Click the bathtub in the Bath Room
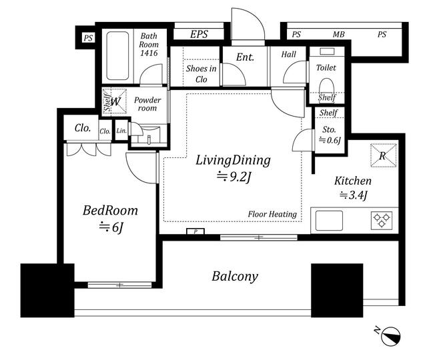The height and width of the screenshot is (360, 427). tap(117, 56)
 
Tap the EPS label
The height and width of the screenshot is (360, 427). tap(199, 34)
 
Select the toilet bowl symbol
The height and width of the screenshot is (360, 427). tap(326, 86)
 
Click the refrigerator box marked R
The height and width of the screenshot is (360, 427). tap(383, 155)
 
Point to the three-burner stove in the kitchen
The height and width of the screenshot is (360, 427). tap(382, 220)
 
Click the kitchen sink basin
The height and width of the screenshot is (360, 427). tap(329, 221)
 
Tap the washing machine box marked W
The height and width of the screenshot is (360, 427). tap(115, 101)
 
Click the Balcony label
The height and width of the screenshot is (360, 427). tap(235, 277)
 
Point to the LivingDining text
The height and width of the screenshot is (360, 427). tap(233, 160)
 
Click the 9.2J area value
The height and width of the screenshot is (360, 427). tap(234, 177)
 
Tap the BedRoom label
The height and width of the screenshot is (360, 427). tap(110, 211)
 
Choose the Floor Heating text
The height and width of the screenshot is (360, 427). tap(272, 214)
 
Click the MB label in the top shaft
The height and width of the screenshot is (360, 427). tap(338, 35)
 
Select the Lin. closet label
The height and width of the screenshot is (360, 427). tap(121, 131)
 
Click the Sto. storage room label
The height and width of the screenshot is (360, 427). tap(329, 129)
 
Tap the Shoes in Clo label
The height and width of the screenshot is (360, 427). tap(201, 74)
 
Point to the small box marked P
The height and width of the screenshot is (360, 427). tap(195, 231)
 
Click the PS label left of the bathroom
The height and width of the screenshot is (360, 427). tap(88, 38)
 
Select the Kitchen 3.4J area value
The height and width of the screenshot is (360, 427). tap(354, 195)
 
